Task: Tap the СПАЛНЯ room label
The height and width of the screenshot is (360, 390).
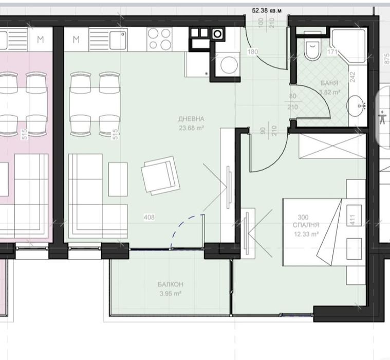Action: click(306, 225)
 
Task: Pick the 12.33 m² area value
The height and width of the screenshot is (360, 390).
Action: click(306, 234)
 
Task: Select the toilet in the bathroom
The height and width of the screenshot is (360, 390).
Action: click(311, 50)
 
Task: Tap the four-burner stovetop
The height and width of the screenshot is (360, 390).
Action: click(160, 39)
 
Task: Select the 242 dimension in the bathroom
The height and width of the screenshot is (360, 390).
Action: click(352, 77)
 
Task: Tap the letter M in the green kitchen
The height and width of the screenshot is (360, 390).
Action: click(76, 39)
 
